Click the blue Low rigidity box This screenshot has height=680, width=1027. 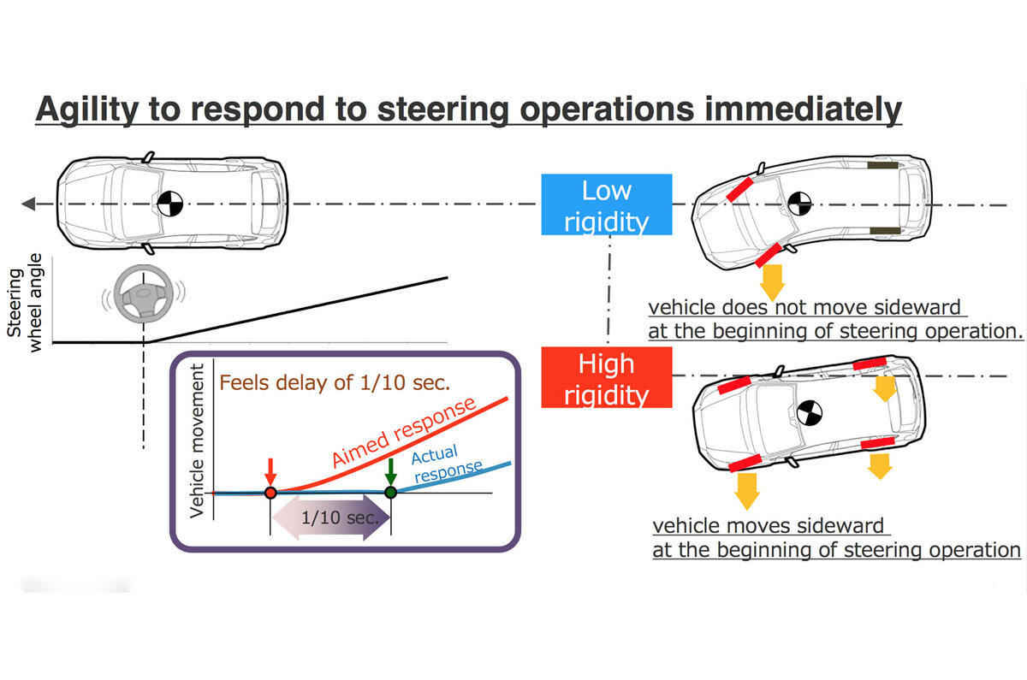606,205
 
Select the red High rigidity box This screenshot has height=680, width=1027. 606,379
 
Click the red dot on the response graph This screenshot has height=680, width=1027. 270,493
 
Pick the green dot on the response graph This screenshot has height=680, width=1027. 390,493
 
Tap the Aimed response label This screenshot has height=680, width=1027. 402,433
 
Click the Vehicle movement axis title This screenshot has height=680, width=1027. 198,440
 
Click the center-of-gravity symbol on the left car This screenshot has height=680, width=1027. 169,204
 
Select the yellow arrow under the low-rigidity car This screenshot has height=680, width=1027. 773,279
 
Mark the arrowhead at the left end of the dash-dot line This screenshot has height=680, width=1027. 28,204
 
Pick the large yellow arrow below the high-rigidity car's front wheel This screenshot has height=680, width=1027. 746,493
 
